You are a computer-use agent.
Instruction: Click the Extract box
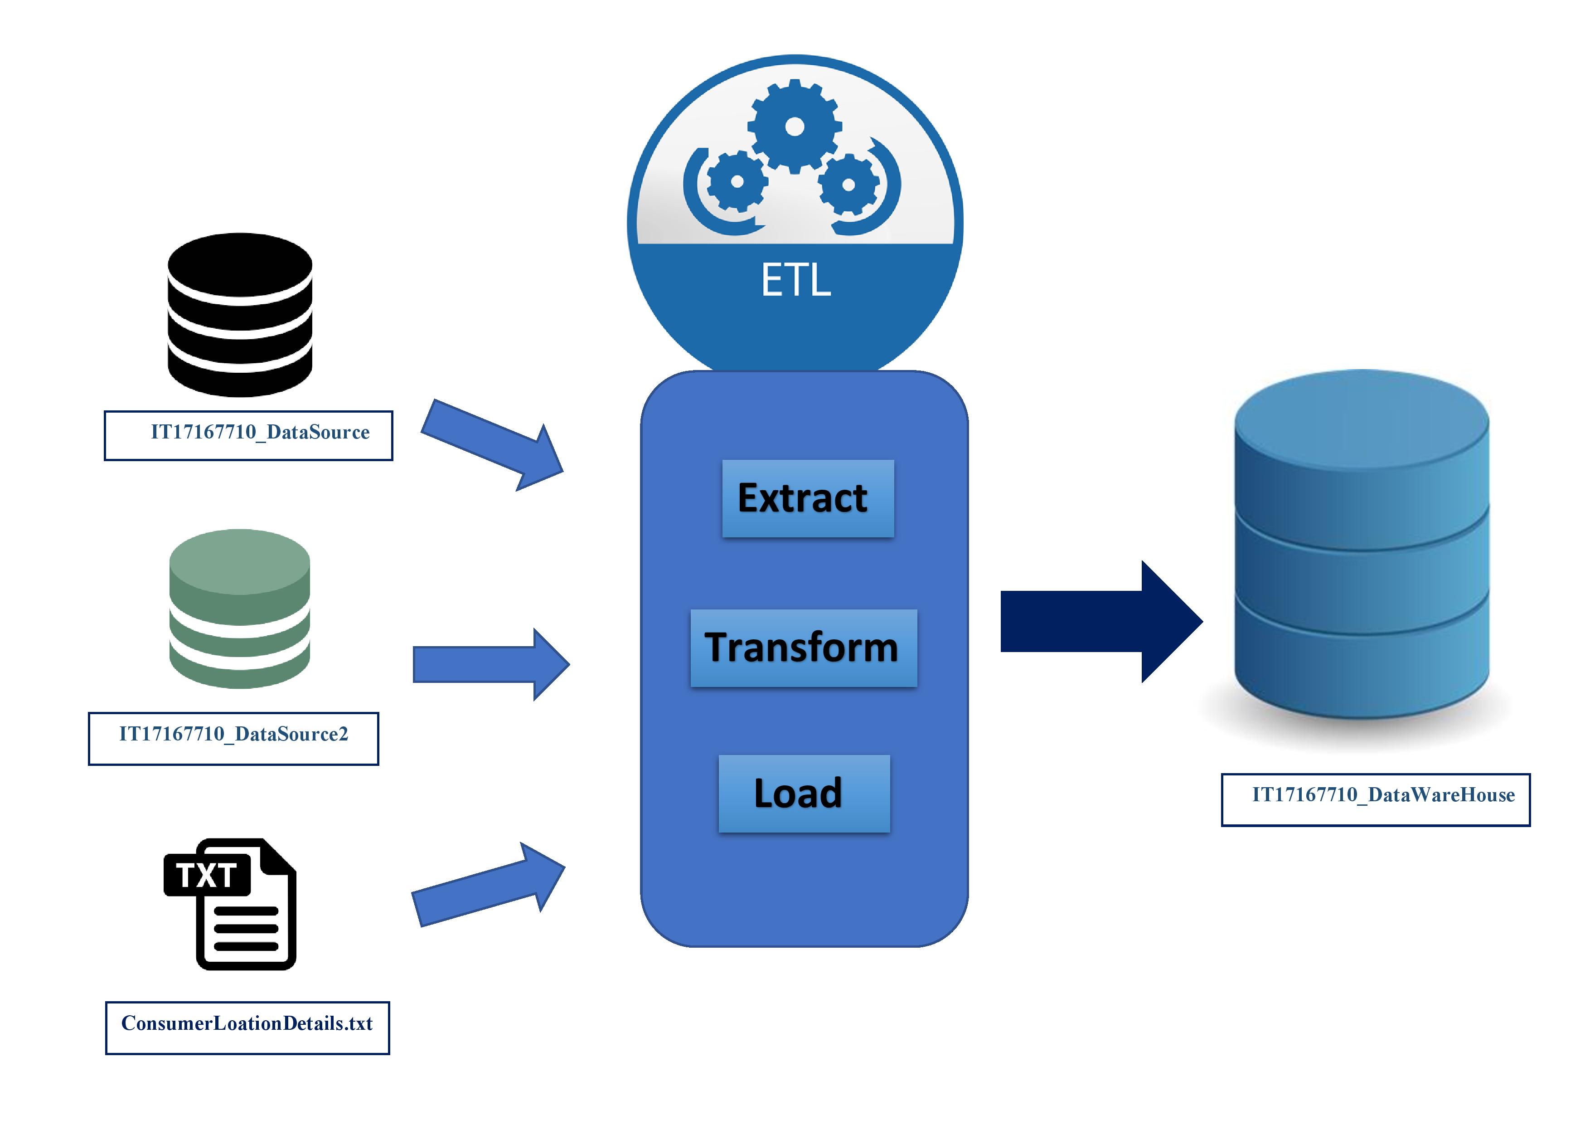point(808,498)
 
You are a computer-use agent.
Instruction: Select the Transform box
point(803,648)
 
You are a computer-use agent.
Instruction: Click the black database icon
point(240,315)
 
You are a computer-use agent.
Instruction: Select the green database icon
point(240,609)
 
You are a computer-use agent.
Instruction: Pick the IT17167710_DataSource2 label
point(233,738)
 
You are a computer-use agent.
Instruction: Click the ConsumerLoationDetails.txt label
point(247,1028)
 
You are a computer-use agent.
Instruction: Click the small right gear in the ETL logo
point(848,184)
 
